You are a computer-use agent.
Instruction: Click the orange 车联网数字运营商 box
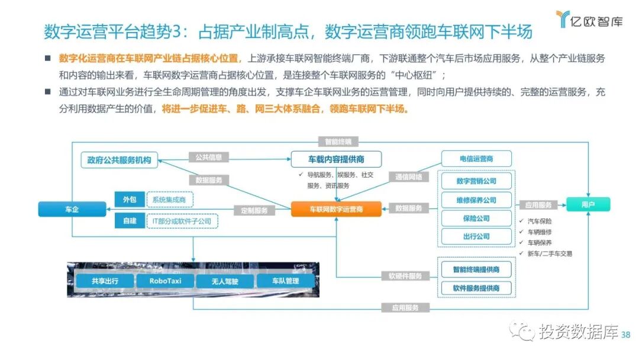click(x=336, y=209)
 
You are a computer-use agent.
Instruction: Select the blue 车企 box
click(x=72, y=210)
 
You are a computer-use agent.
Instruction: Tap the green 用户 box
click(x=588, y=205)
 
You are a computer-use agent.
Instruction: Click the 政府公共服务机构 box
click(x=119, y=160)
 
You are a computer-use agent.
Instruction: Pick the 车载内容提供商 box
click(x=336, y=159)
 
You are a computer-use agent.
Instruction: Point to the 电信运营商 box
click(x=476, y=159)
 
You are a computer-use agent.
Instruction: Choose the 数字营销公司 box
click(x=476, y=181)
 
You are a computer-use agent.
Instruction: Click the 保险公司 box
click(x=476, y=218)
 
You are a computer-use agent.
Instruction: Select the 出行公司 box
click(x=476, y=237)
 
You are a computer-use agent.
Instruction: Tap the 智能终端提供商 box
click(x=476, y=269)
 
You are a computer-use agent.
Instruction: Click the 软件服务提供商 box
click(x=476, y=288)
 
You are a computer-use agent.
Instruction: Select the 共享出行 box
click(x=105, y=281)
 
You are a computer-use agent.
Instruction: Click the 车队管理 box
click(x=286, y=281)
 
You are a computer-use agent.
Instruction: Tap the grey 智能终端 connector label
click(x=338, y=142)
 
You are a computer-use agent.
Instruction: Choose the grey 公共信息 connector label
click(x=209, y=157)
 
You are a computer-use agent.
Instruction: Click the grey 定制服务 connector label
click(x=255, y=210)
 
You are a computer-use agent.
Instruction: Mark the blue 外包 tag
click(x=130, y=200)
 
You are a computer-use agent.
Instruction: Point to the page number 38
click(x=626, y=335)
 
